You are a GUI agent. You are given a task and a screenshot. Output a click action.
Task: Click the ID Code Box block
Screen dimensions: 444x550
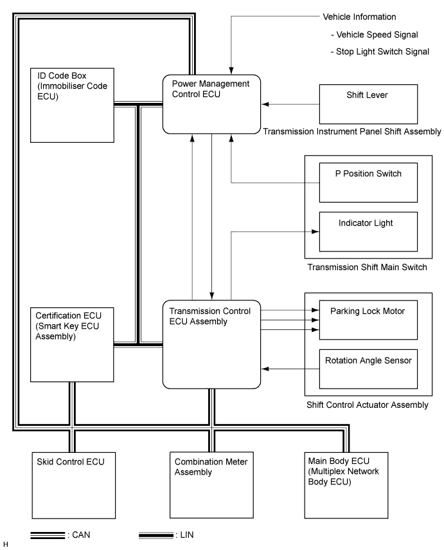pyautogui.click(x=72, y=105)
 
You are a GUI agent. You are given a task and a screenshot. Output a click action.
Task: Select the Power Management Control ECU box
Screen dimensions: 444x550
pyautogui.click(x=211, y=104)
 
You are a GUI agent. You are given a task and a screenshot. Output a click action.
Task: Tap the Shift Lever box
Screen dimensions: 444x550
pyautogui.click(x=368, y=104)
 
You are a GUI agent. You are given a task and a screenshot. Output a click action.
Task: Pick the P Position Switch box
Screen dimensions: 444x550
pyautogui.click(x=368, y=183)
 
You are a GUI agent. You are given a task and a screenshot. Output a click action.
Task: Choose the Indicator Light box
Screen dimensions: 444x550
pyautogui.click(x=368, y=232)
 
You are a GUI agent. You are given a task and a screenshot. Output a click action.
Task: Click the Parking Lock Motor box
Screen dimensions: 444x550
pyautogui.click(x=368, y=320)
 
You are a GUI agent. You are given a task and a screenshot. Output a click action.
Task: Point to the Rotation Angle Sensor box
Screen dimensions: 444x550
pyautogui.click(x=368, y=369)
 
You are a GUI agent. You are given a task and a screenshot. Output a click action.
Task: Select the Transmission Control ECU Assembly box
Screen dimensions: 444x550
pyautogui.click(x=211, y=344)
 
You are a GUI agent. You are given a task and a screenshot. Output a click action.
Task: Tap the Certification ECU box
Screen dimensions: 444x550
pyautogui.click(x=72, y=345)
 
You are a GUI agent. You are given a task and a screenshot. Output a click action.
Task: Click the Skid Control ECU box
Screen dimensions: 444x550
pyautogui.click(x=74, y=486)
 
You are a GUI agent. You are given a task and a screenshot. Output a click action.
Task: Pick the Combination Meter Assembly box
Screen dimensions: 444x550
pyautogui.click(x=211, y=485)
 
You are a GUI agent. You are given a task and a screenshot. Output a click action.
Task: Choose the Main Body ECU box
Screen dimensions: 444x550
pyautogui.click(x=346, y=485)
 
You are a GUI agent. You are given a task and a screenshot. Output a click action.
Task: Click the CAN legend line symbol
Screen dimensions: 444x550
pyautogui.click(x=48, y=535)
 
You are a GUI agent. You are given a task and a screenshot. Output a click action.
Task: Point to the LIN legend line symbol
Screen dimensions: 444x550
pyautogui.click(x=156, y=535)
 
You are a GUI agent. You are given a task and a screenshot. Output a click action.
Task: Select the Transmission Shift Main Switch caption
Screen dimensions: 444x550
pyautogui.click(x=368, y=268)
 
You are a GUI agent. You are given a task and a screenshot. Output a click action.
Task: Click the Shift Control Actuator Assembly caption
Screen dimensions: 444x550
pyautogui.click(x=368, y=405)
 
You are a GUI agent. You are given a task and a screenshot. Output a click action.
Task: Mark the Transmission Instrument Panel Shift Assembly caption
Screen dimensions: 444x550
pyautogui.click(x=352, y=131)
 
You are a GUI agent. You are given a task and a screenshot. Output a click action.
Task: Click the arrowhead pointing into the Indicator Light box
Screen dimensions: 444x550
pyautogui.click(x=315, y=232)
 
